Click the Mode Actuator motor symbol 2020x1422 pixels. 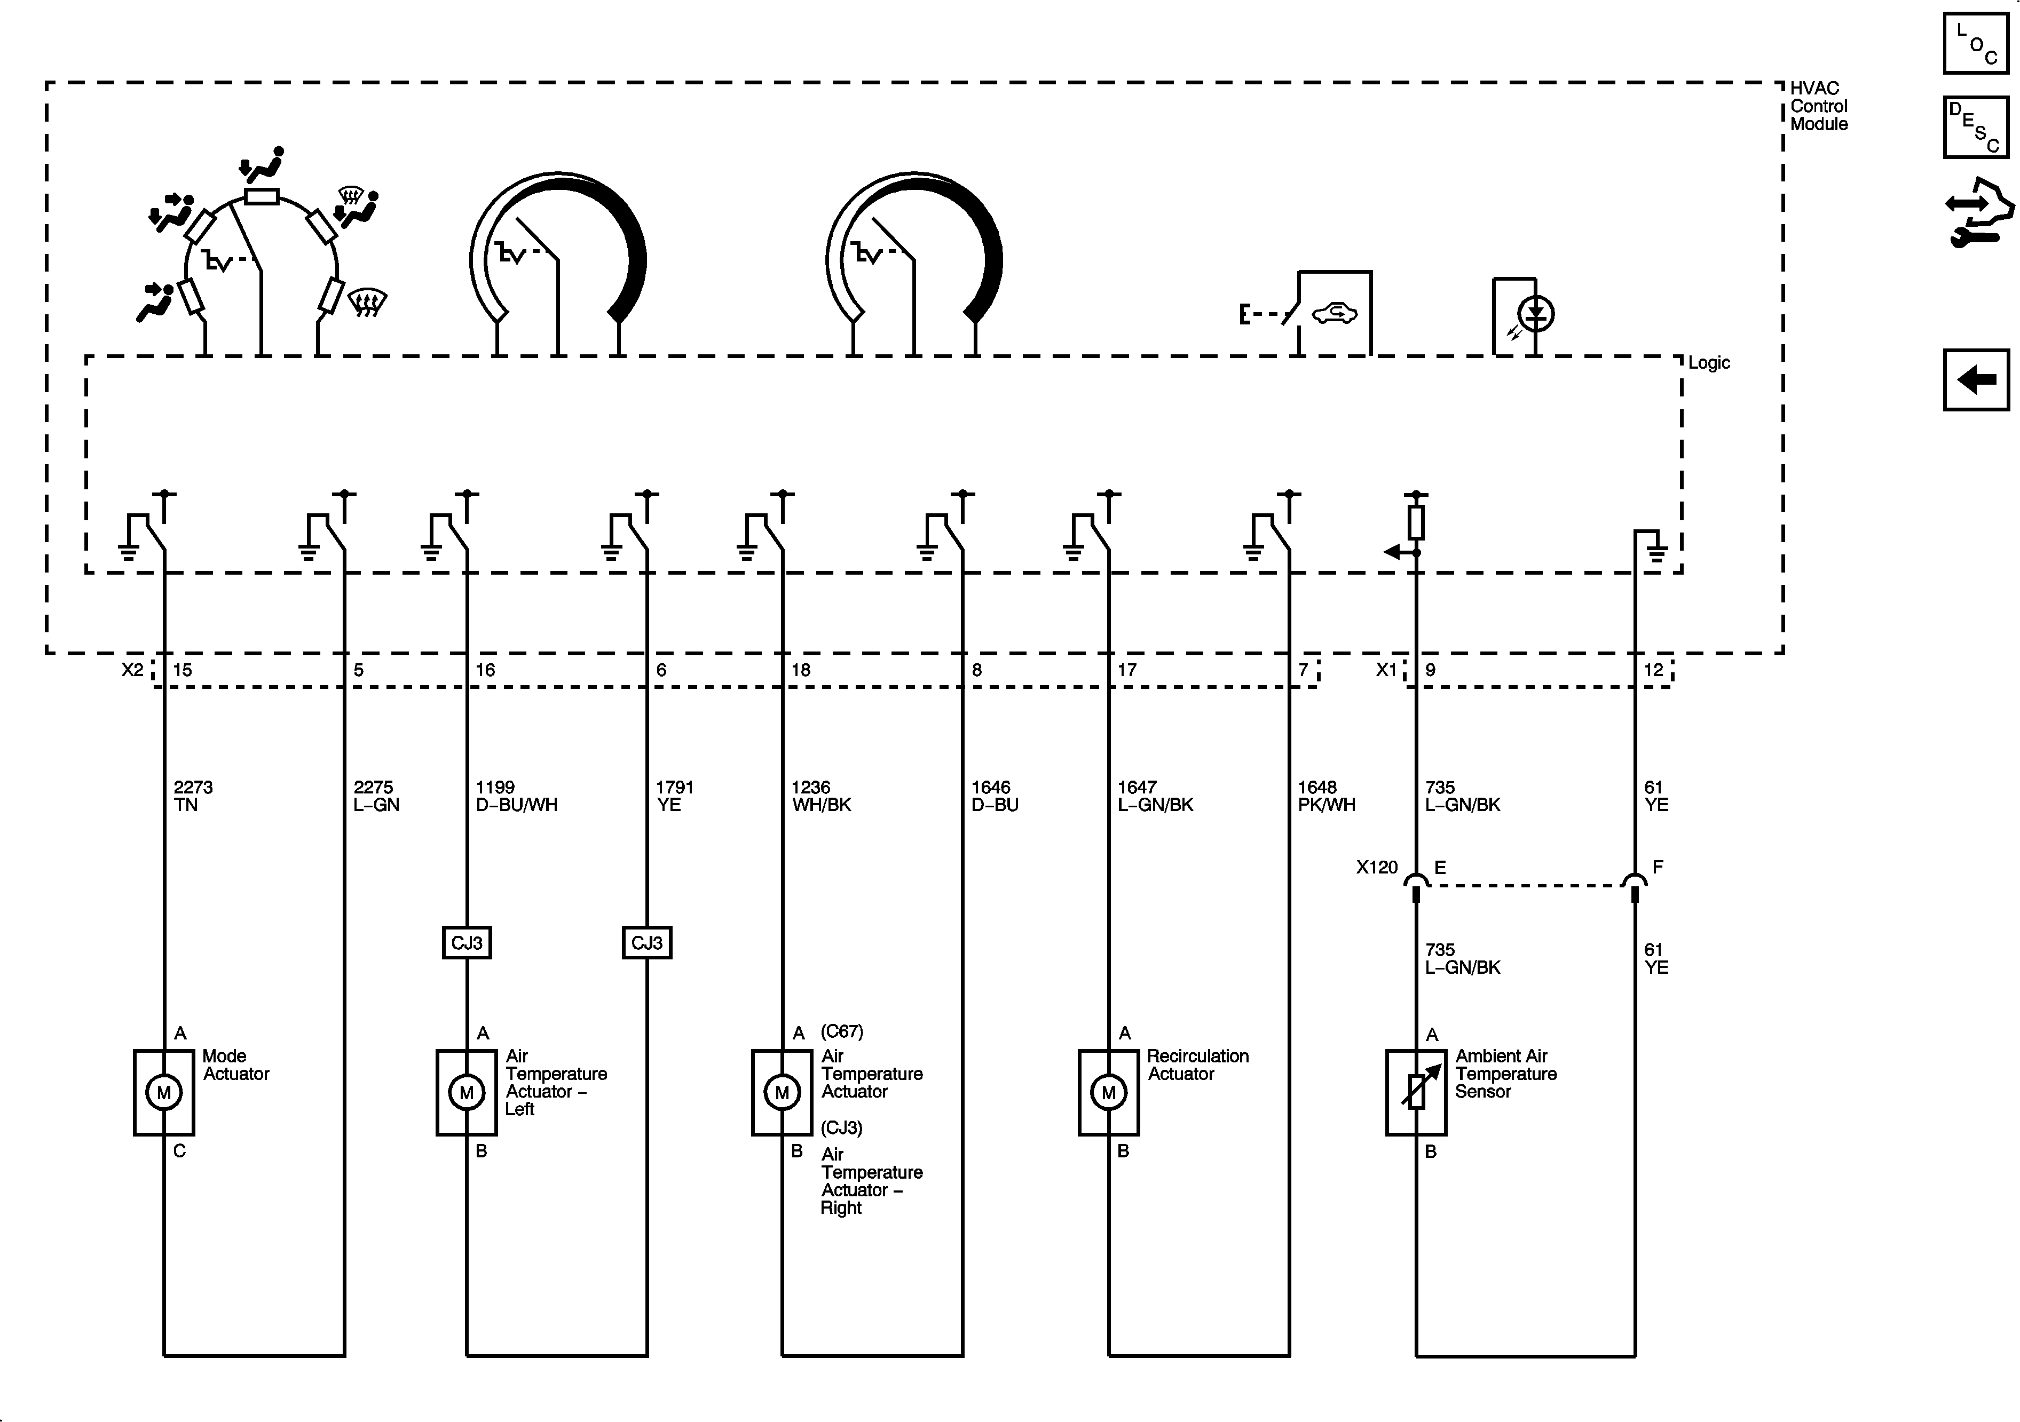tap(164, 1092)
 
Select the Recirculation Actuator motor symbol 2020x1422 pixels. tap(1109, 1092)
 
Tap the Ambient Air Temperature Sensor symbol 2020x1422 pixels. tap(1416, 1092)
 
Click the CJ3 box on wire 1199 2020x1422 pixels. tap(466, 943)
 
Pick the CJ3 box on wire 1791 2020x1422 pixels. tap(646, 943)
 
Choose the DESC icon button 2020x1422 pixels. tap(1976, 128)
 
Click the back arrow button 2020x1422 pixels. tap(1976, 380)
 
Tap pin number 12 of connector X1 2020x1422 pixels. tap(1654, 670)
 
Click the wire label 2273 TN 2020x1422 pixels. tap(193, 796)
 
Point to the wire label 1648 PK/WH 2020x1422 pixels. tap(1326, 796)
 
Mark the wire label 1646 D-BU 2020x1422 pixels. tap(994, 796)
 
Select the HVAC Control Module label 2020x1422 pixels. tap(1819, 106)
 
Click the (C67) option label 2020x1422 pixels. tap(841, 1031)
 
